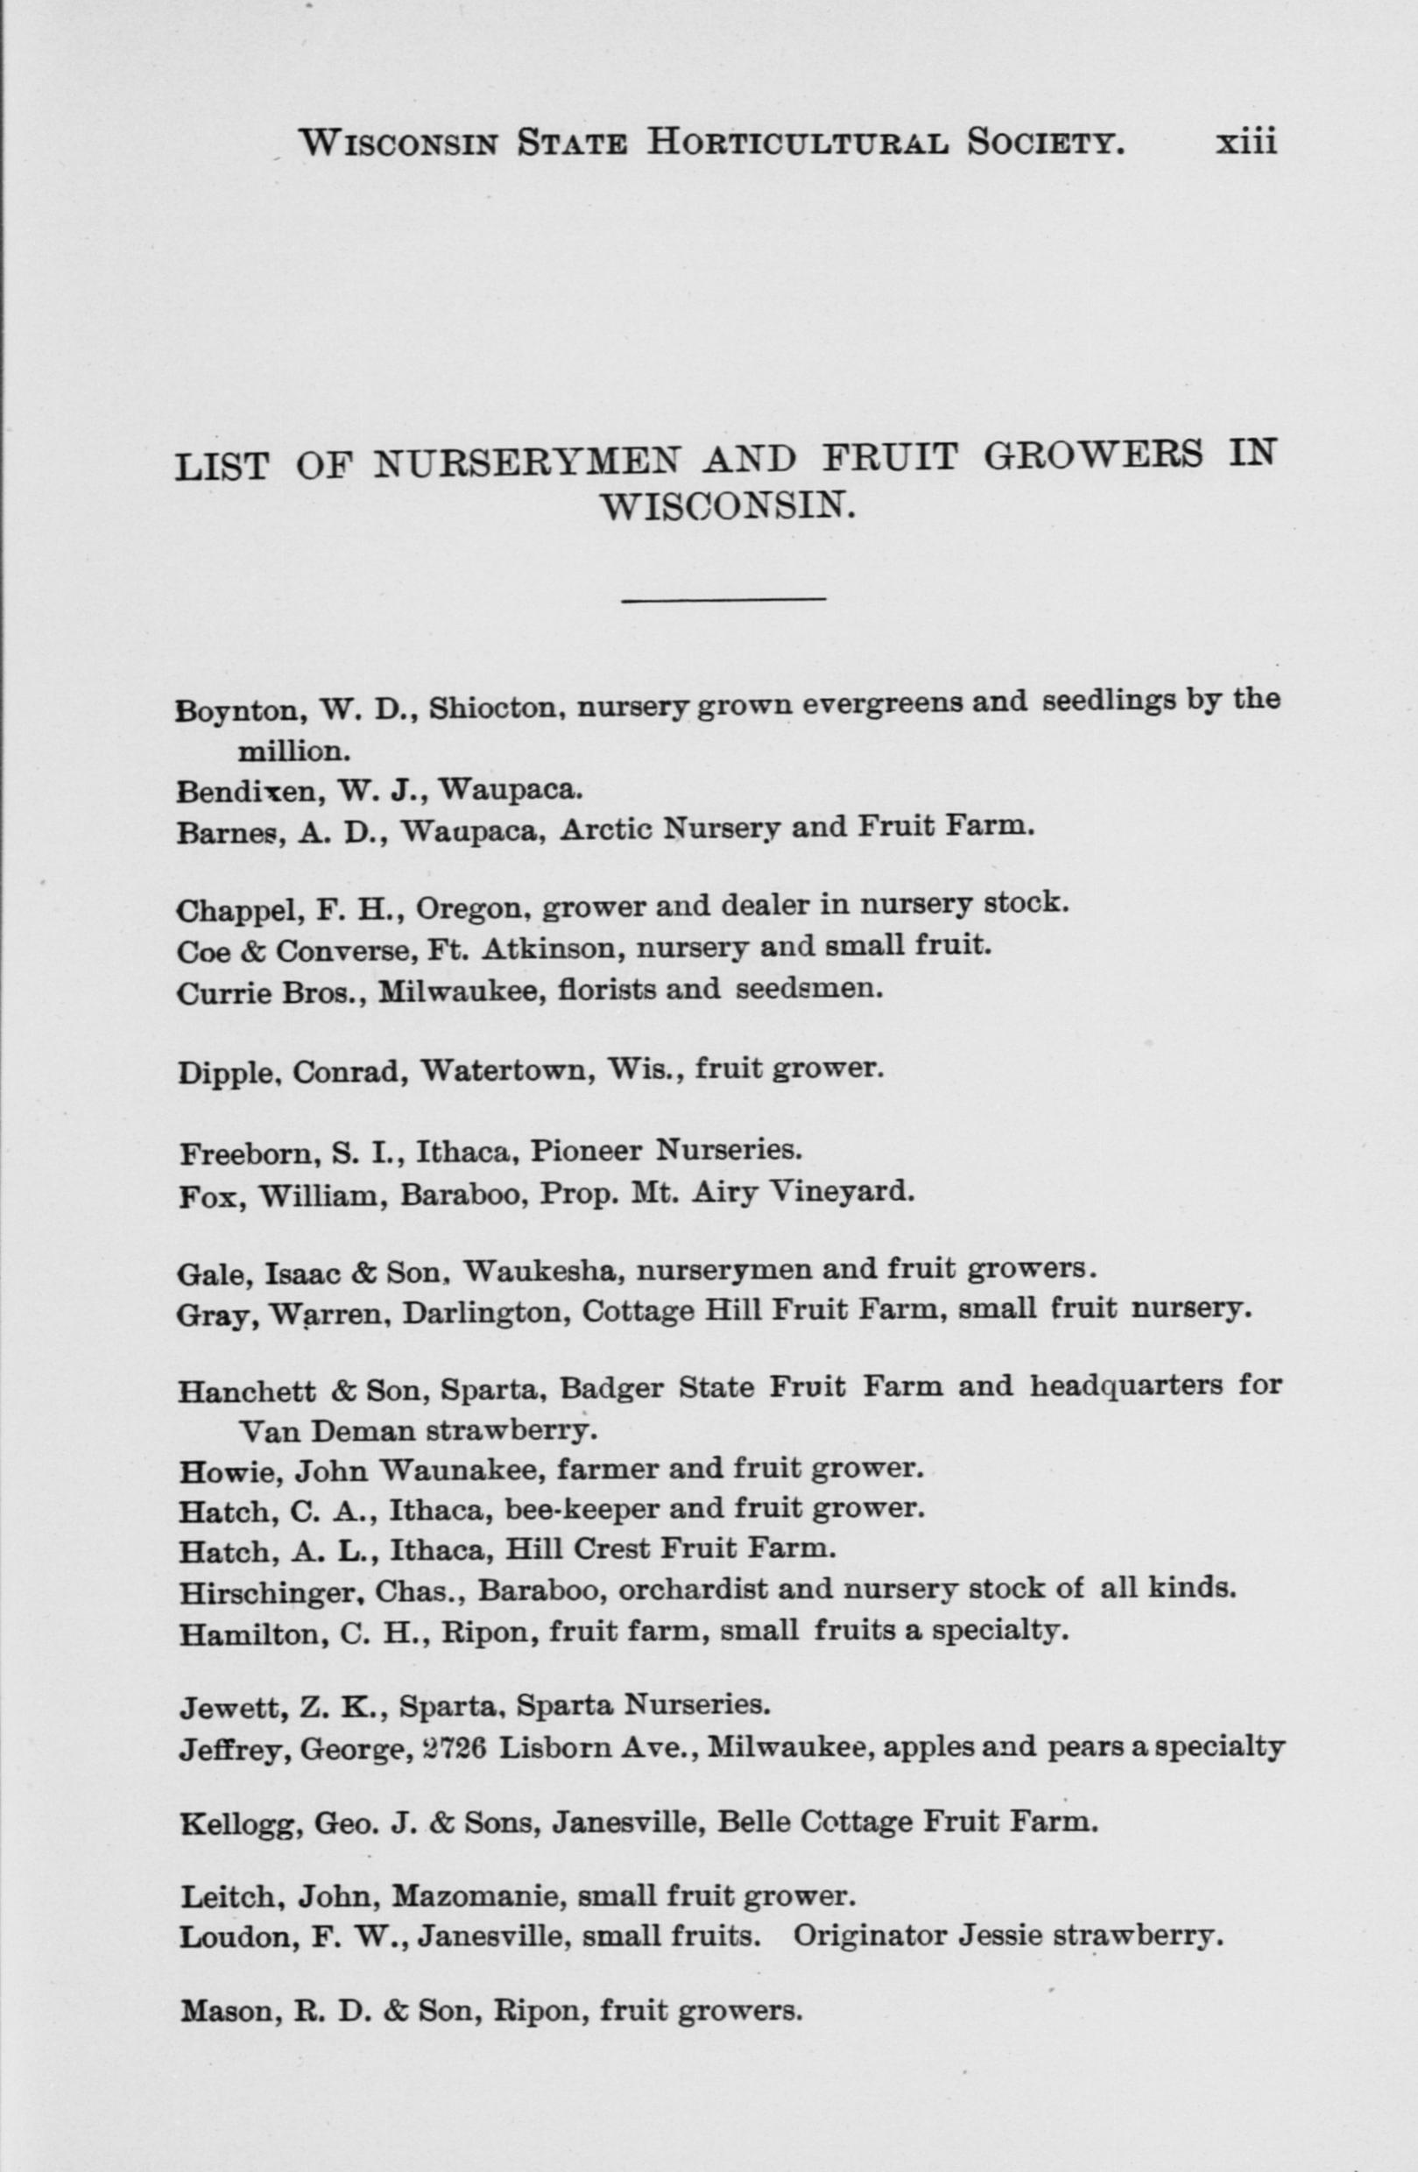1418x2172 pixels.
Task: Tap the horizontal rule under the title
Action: [x=723, y=599]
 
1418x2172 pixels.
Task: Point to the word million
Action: [x=293, y=751]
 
